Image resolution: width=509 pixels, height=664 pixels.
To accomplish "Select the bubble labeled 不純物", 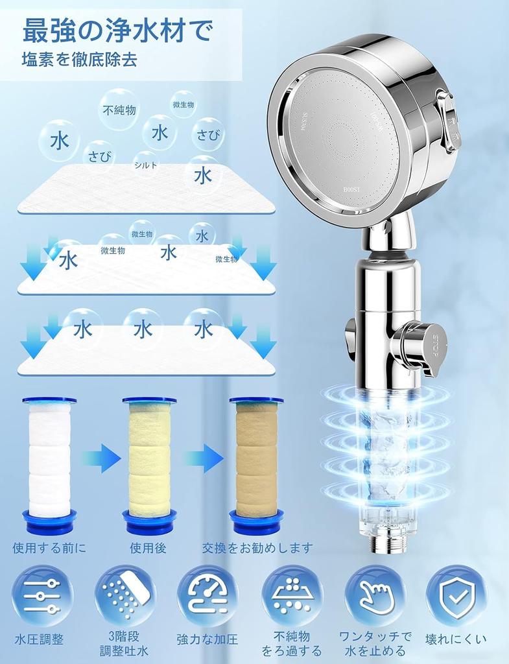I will (x=119, y=110).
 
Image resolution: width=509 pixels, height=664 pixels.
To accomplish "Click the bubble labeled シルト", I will (x=146, y=165).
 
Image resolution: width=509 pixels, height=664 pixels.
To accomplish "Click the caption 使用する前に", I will (x=49, y=548).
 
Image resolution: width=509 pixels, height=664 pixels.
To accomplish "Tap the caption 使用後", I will (x=148, y=548).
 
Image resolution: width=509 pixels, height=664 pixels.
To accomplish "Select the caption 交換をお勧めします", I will (x=257, y=548).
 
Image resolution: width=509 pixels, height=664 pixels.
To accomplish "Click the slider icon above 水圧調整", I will (x=42, y=596).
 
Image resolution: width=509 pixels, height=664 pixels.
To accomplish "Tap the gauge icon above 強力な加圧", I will (x=207, y=596).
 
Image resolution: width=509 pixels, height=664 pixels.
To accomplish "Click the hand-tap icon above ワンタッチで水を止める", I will (x=374, y=596).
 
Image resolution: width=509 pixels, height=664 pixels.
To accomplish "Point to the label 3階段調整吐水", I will (x=124, y=644).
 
